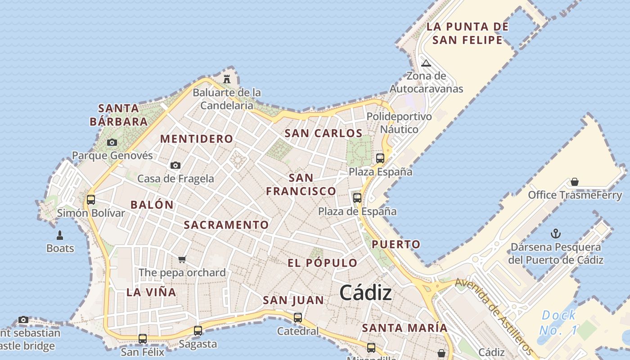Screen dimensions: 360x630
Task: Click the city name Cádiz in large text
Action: [x=365, y=293]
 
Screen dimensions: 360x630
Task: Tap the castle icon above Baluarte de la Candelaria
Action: [x=227, y=79]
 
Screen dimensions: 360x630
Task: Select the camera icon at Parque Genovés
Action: [x=112, y=143]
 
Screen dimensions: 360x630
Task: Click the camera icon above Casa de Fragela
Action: [x=175, y=166]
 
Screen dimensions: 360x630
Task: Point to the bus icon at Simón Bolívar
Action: [x=91, y=199]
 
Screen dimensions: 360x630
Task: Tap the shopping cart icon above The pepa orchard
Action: [x=182, y=259]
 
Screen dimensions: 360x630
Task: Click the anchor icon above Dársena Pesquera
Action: [x=556, y=234]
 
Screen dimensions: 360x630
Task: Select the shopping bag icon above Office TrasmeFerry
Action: [x=574, y=182]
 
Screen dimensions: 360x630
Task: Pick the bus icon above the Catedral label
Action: [x=297, y=317]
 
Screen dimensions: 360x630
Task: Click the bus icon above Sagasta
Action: [x=198, y=330]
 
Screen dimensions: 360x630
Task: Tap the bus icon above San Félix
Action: [x=142, y=338]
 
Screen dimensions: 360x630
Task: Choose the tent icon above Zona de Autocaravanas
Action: [x=426, y=63]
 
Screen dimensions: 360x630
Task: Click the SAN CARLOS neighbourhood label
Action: [x=324, y=134]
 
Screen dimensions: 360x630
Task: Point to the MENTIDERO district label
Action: [x=197, y=139]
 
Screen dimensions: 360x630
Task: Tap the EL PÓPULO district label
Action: [x=323, y=263]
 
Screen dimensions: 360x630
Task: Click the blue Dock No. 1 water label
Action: [x=558, y=322]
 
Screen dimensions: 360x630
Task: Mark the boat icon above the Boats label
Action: [x=60, y=235]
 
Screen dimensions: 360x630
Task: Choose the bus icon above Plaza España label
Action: [x=380, y=158]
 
